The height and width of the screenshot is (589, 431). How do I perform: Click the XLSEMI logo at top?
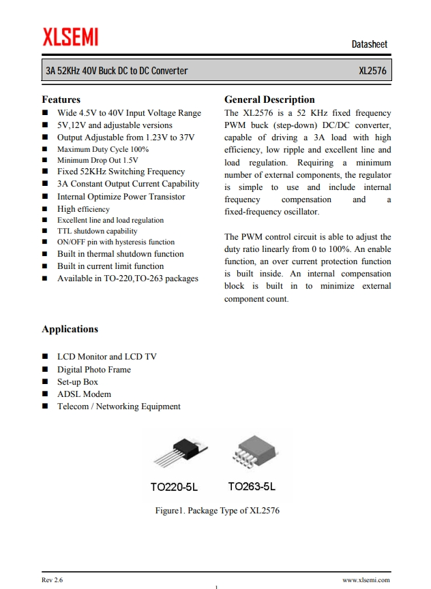coord(70,37)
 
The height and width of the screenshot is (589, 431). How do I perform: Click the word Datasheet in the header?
coord(369,44)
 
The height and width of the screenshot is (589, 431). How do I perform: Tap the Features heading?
coord(61,99)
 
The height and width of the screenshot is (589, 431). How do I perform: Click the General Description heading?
coord(269,99)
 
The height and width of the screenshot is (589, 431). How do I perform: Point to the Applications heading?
coord(70,329)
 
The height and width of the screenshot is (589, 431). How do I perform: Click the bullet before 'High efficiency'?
coord(45,210)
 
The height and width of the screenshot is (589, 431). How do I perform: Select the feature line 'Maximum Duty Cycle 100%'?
coord(102,149)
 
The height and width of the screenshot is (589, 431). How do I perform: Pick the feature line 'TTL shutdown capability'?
coord(97,231)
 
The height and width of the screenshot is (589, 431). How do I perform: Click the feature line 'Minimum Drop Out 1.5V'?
coord(98,161)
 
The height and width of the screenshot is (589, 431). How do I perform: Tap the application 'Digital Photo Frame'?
coord(93,370)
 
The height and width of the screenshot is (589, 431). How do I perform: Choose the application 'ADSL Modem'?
coord(84,394)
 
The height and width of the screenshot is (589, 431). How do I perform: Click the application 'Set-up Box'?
coord(78,382)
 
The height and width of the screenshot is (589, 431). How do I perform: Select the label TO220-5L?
coord(174,487)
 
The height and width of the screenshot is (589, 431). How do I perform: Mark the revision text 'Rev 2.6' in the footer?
coord(52,580)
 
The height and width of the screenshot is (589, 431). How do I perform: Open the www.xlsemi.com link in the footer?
coord(366,580)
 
